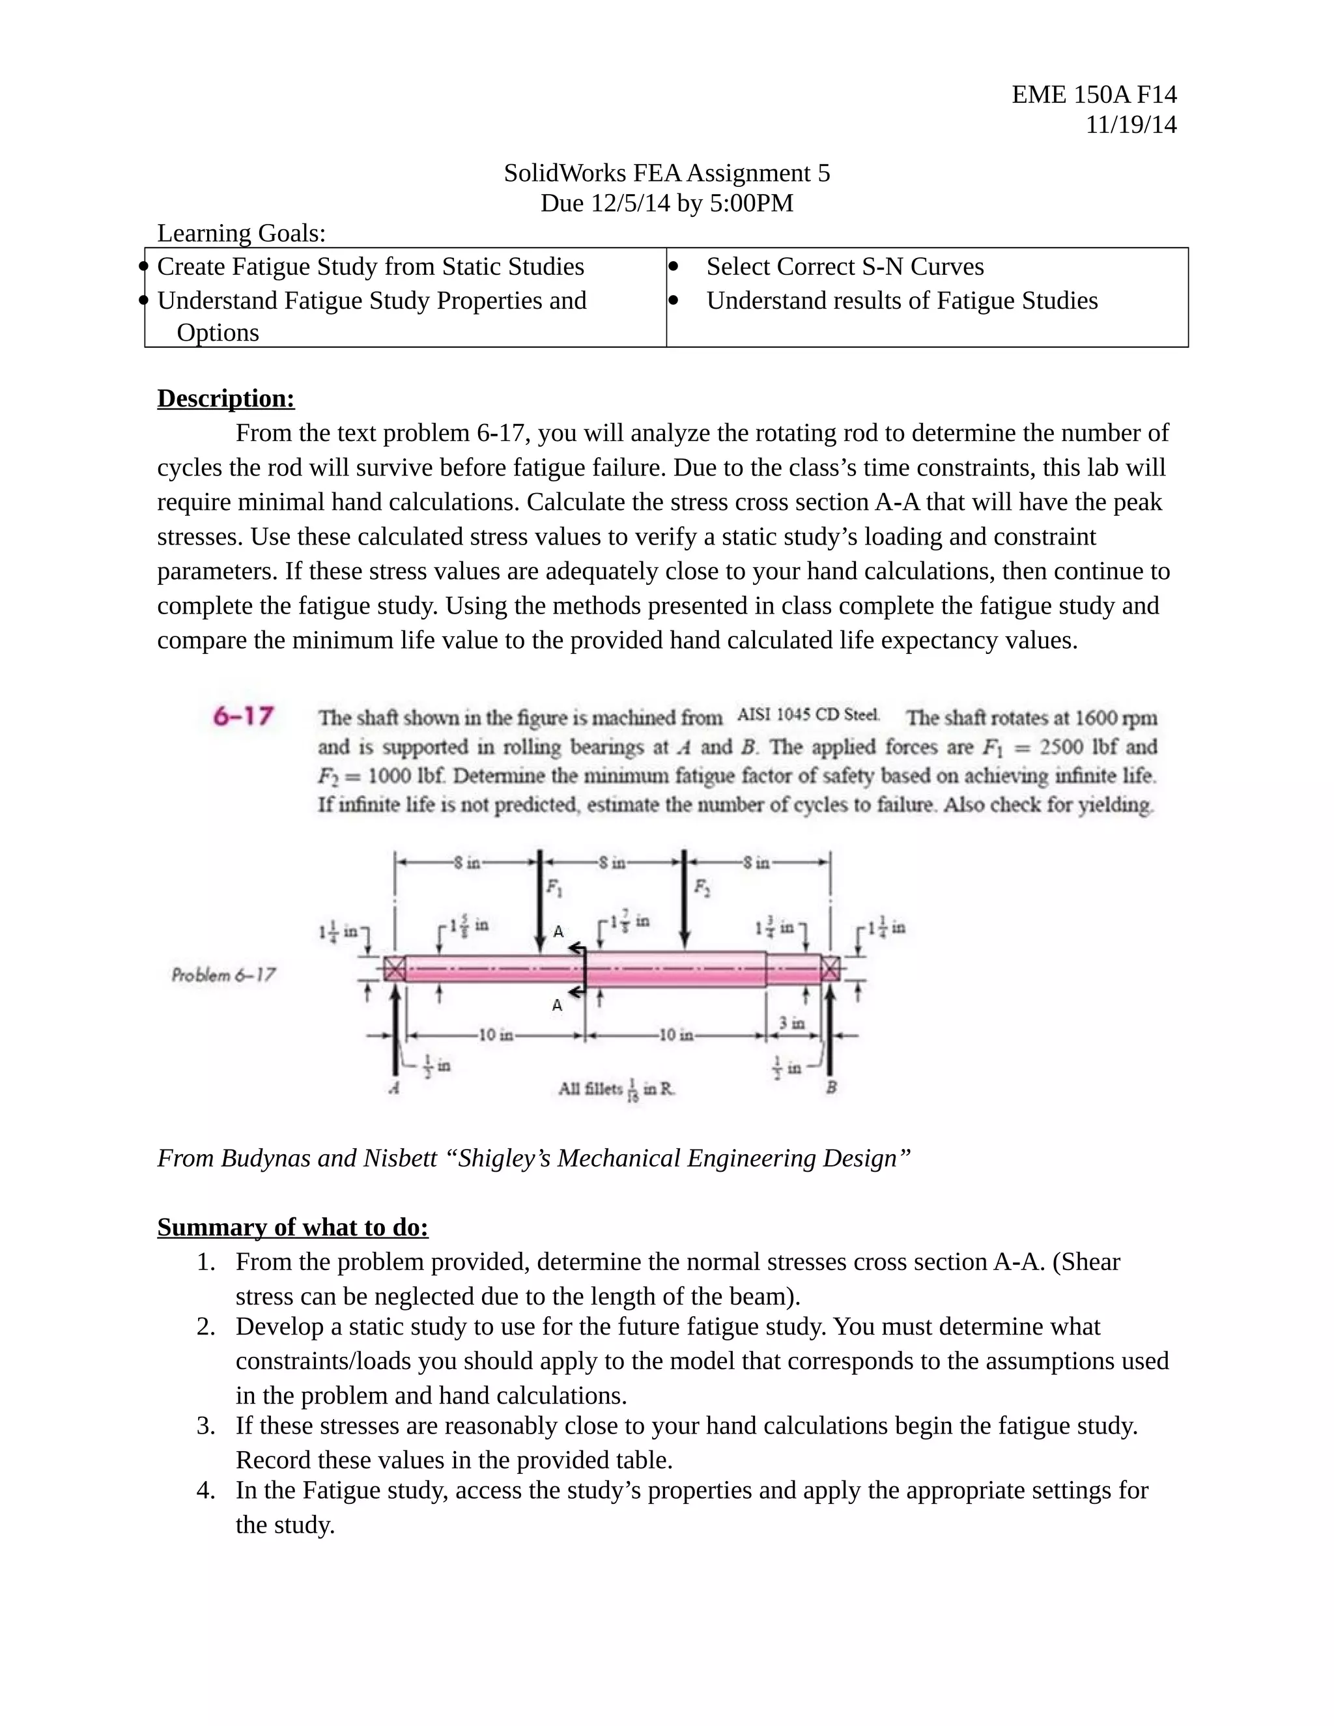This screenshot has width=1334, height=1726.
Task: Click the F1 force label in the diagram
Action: coord(555,888)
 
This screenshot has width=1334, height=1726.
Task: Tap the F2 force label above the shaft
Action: coord(701,888)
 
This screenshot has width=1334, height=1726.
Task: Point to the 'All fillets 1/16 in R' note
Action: coord(616,1089)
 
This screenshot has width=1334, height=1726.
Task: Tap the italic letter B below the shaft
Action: coord(831,1088)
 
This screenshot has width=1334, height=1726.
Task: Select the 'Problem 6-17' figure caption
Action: coord(223,974)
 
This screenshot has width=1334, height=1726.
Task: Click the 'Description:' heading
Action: coord(226,399)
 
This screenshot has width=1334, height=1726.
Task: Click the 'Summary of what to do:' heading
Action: coord(292,1227)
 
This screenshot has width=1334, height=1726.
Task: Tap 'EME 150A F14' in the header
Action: coord(1094,95)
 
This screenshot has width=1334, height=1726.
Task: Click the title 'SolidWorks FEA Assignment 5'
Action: coord(666,173)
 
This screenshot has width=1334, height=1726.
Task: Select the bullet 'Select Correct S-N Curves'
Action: coord(845,267)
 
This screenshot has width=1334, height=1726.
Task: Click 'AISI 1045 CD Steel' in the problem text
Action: coord(808,715)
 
